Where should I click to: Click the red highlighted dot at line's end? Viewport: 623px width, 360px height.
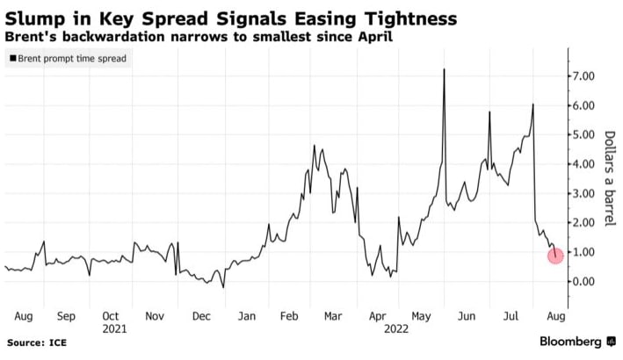pyautogui.click(x=556, y=256)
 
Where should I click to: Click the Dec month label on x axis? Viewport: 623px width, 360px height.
pyautogui.click(x=201, y=315)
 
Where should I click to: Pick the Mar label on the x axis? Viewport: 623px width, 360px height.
pyautogui.click(x=333, y=315)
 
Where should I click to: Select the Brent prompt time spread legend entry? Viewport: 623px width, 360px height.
pyautogui.click(x=69, y=59)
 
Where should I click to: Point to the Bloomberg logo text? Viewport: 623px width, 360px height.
pyautogui.click(x=570, y=342)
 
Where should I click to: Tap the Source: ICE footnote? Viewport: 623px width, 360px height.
pyautogui.click(x=36, y=342)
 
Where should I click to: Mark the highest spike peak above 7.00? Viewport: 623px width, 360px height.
pyautogui.click(x=444, y=69)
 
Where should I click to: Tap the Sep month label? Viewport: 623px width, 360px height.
pyautogui.click(x=66, y=315)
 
